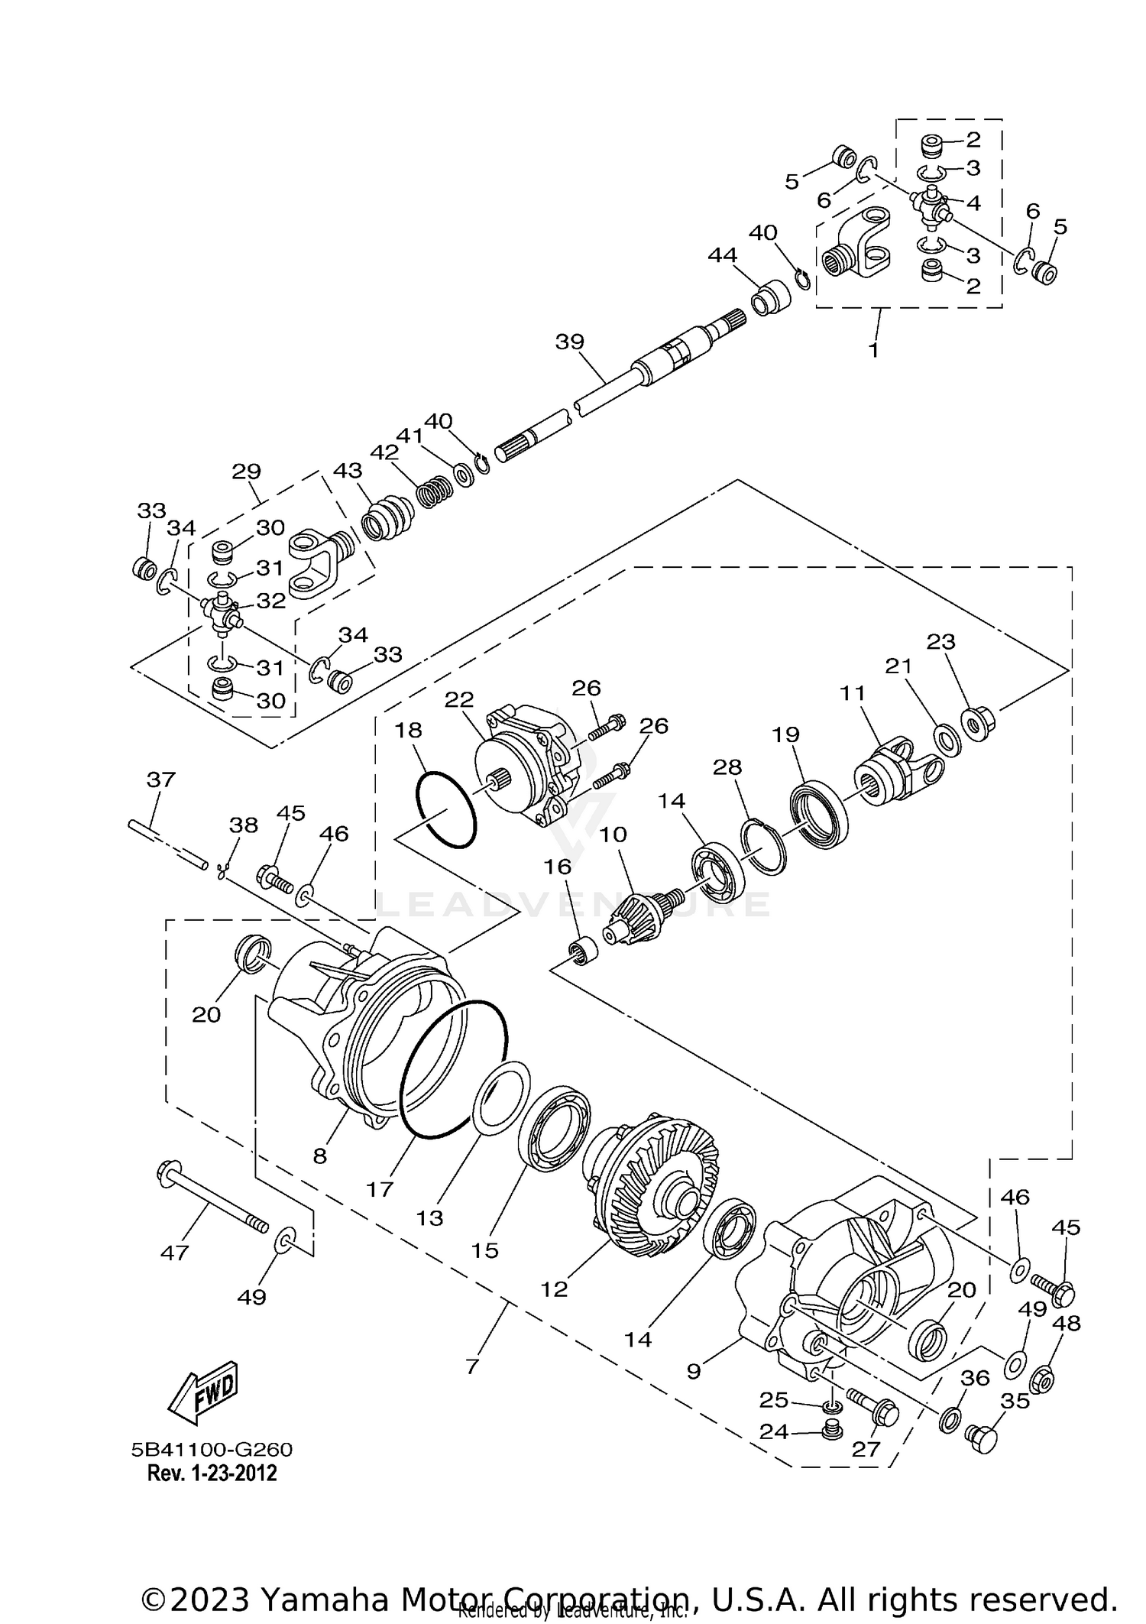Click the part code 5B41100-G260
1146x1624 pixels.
(212, 1450)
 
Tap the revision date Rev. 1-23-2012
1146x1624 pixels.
(212, 1473)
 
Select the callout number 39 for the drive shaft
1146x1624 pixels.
(569, 342)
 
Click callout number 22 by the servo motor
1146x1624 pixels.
(459, 699)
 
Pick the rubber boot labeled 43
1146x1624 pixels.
(387, 519)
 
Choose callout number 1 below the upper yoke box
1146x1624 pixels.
(873, 351)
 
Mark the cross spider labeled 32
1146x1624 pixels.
(222, 612)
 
